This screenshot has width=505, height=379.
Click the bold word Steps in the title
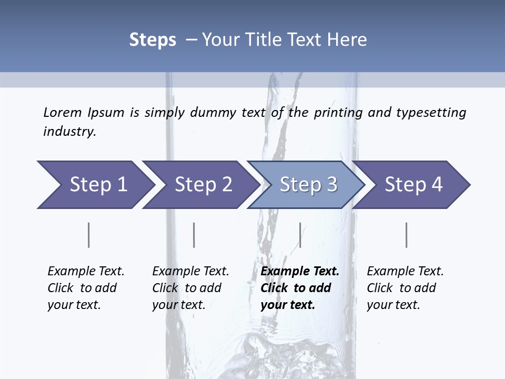pyautogui.click(x=153, y=40)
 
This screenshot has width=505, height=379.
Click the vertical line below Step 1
pyautogui.click(x=88, y=235)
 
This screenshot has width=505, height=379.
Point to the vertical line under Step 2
pyautogui.click(x=194, y=235)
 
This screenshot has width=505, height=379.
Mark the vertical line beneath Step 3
pyautogui.click(x=300, y=235)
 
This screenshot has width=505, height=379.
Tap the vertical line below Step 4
pyautogui.click(x=406, y=235)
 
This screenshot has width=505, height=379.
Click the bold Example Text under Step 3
pyautogui.click(x=300, y=272)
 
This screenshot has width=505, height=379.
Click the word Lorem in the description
pyautogui.click(x=62, y=113)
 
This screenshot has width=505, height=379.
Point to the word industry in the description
pyautogui.click(x=69, y=132)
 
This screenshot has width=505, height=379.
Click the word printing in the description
pyautogui.click(x=338, y=113)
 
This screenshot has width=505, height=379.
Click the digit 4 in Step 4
pyautogui.click(x=437, y=185)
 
